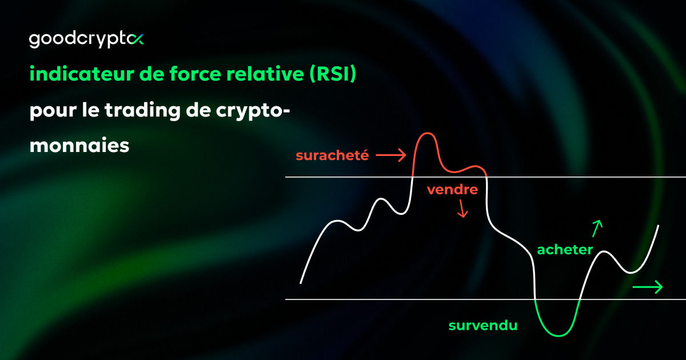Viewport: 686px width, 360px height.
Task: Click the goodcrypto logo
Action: click(86, 39)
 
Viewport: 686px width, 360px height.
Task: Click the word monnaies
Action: click(79, 146)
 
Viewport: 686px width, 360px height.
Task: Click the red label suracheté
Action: click(332, 155)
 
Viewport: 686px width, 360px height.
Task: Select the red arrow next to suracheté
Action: click(391, 154)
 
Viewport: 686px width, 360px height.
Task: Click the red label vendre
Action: click(452, 190)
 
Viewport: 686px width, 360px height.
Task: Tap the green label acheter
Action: click(565, 249)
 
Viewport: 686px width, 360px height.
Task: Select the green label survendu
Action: click(483, 326)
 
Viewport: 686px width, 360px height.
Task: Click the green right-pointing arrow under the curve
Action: click(648, 287)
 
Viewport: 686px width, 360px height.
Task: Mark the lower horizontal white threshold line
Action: click(400, 299)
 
